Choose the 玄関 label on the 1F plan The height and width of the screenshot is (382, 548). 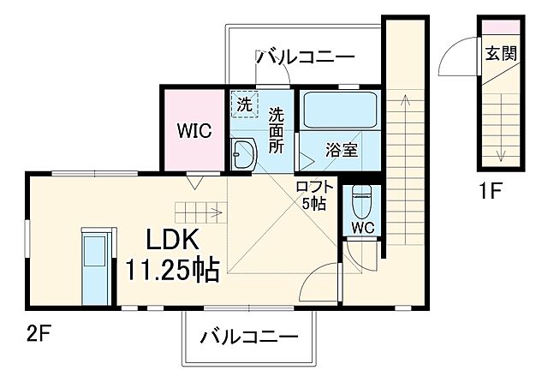click(501, 53)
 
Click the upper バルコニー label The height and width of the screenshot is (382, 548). click(305, 58)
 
